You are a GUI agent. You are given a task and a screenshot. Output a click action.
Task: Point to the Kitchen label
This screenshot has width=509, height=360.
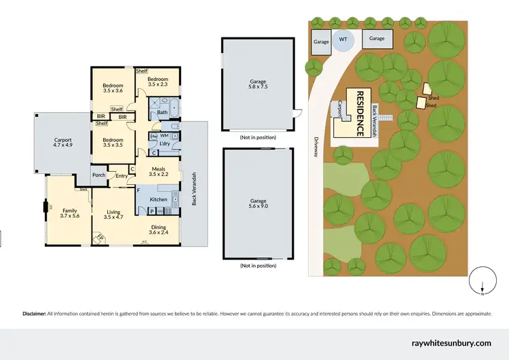point(158,199)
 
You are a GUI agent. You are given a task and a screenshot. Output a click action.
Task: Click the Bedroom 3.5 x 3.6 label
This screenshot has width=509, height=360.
point(113,88)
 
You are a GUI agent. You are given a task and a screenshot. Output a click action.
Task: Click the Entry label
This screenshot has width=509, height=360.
point(121,177)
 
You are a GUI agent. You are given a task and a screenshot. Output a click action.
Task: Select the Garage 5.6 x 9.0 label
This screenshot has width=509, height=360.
point(259,205)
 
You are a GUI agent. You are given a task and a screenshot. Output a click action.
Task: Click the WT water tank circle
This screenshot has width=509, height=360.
point(343,40)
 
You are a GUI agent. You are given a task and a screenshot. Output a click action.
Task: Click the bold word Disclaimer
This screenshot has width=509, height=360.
point(34,313)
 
